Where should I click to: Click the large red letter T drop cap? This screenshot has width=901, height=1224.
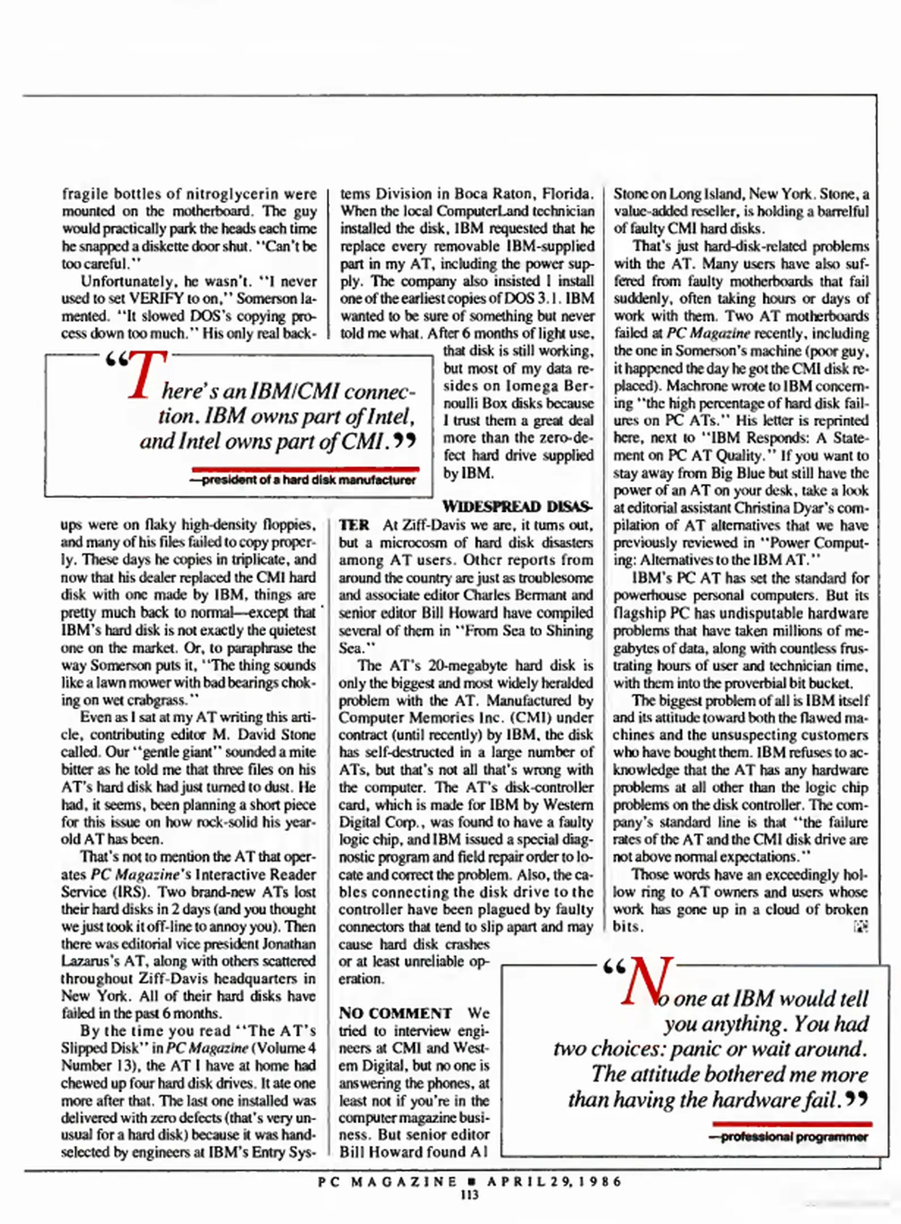[x=146, y=375]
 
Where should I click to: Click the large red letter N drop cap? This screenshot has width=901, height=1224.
[x=647, y=982]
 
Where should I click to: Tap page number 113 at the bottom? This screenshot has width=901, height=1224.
[x=469, y=1195]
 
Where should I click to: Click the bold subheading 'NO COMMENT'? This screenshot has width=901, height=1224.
[x=395, y=1013]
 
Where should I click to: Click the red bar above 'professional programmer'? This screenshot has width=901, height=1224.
[x=792, y=1124]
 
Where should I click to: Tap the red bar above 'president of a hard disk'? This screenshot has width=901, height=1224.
[x=305, y=469]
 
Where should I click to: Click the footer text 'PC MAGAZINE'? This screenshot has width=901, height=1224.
[x=387, y=1181]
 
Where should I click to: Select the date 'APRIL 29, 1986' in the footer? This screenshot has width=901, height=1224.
[x=554, y=1181]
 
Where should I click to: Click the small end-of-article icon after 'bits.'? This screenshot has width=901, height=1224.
[x=860, y=926]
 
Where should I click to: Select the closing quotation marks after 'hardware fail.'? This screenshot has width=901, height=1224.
[x=856, y=1099]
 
